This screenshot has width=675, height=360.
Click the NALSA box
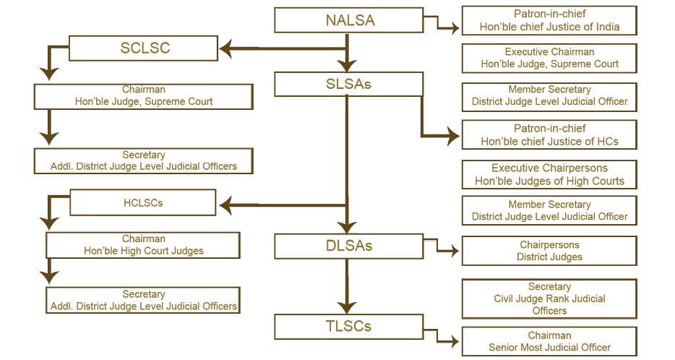tap(351, 20)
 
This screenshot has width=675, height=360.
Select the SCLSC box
tap(144, 48)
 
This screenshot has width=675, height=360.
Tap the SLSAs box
tap(348, 84)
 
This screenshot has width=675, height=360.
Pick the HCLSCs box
tap(143, 202)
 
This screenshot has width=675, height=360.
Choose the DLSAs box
tap(348, 246)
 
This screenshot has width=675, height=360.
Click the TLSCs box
tap(348, 326)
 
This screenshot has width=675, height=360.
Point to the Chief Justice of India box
tap(549, 20)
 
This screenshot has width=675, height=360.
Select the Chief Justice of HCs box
tap(549, 134)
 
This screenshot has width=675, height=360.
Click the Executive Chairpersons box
tap(549, 174)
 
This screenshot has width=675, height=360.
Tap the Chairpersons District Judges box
tap(549, 251)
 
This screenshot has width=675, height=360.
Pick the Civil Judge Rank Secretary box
tap(549, 299)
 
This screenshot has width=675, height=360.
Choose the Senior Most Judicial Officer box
tap(549, 341)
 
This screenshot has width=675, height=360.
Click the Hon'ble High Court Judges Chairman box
tap(143, 245)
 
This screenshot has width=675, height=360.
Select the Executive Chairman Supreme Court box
tap(549, 58)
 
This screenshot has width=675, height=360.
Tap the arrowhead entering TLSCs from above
tap(348, 307)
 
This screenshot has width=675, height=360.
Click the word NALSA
tap(351, 20)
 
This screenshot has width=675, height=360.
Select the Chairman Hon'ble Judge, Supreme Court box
tap(143, 96)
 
